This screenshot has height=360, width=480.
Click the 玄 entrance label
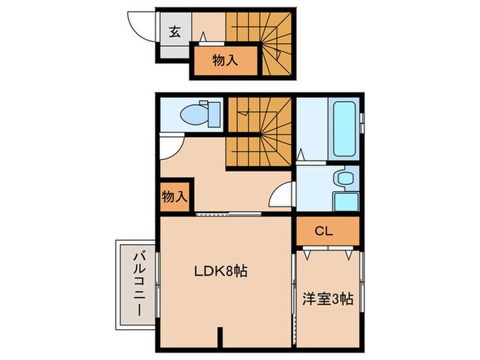[x=175, y=31]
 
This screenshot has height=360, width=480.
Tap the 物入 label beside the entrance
[x=224, y=60]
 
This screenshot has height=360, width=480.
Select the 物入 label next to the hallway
[x=174, y=196]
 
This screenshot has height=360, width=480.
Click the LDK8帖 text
[x=219, y=272]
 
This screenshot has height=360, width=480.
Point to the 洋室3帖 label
[x=328, y=299]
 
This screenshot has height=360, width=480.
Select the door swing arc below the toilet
[x=170, y=145]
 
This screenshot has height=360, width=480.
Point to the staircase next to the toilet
[x=259, y=134]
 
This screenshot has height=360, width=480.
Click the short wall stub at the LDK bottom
[x=220, y=337]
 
